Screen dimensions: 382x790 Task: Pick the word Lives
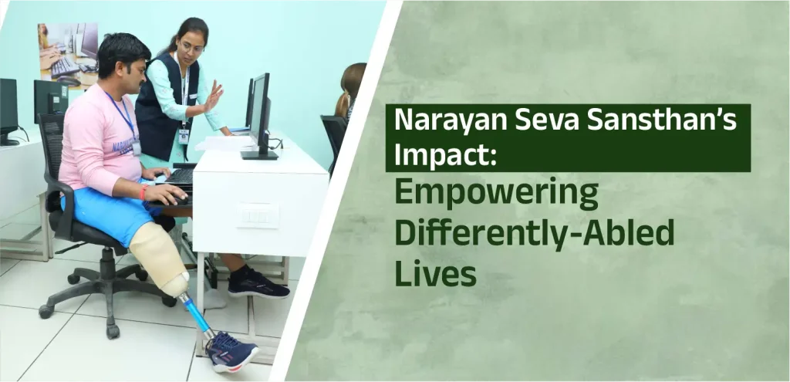click(436, 272)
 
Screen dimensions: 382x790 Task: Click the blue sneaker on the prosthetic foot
click(231, 352)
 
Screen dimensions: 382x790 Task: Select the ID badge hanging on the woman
click(184, 136)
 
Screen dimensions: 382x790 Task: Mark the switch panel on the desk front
click(258, 215)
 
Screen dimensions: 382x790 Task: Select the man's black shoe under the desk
click(258, 284)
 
